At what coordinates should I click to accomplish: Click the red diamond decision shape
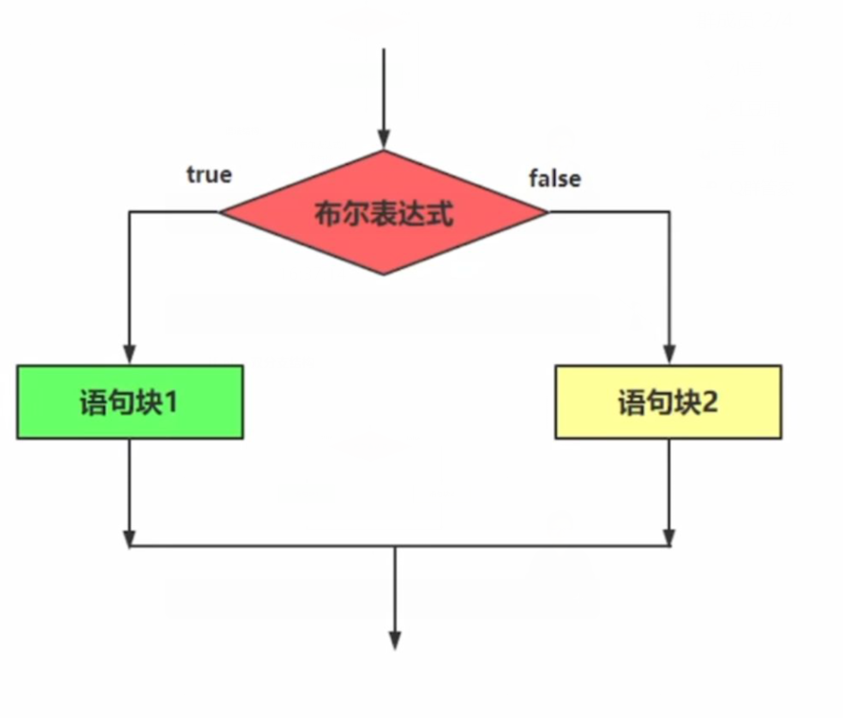click(x=384, y=213)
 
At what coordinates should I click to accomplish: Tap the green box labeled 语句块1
click(x=130, y=403)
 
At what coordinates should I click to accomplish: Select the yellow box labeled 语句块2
click(x=669, y=403)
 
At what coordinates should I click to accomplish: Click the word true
click(x=208, y=175)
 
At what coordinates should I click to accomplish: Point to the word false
click(x=555, y=177)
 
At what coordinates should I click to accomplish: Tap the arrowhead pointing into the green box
click(x=130, y=355)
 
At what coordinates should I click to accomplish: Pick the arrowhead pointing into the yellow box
click(x=669, y=355)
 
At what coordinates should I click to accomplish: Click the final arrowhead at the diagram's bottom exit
click(x=394, y=640)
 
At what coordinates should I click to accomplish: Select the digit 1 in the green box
click(x=171, y=403)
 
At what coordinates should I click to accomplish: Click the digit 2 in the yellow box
click(x=710, y=403)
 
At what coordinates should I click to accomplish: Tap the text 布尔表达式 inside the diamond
click(x=384, y=213)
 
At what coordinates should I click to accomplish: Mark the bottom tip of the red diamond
click(x=384, y=274)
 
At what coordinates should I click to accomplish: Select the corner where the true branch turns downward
click(x=130, y=212)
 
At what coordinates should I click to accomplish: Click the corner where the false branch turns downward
click(x=669, y=212)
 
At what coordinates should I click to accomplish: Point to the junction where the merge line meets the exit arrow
click(x=394, y=546)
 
